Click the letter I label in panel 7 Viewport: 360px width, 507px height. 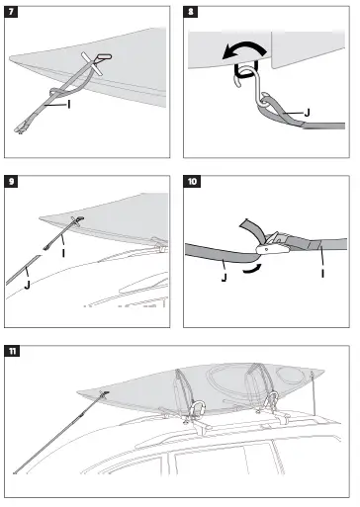[x=67, y=103]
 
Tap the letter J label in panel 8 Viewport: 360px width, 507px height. [x=309, y=113]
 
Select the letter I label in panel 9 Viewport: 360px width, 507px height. [x=63, y=253]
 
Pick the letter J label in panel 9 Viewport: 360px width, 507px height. [x=27, y=285]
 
